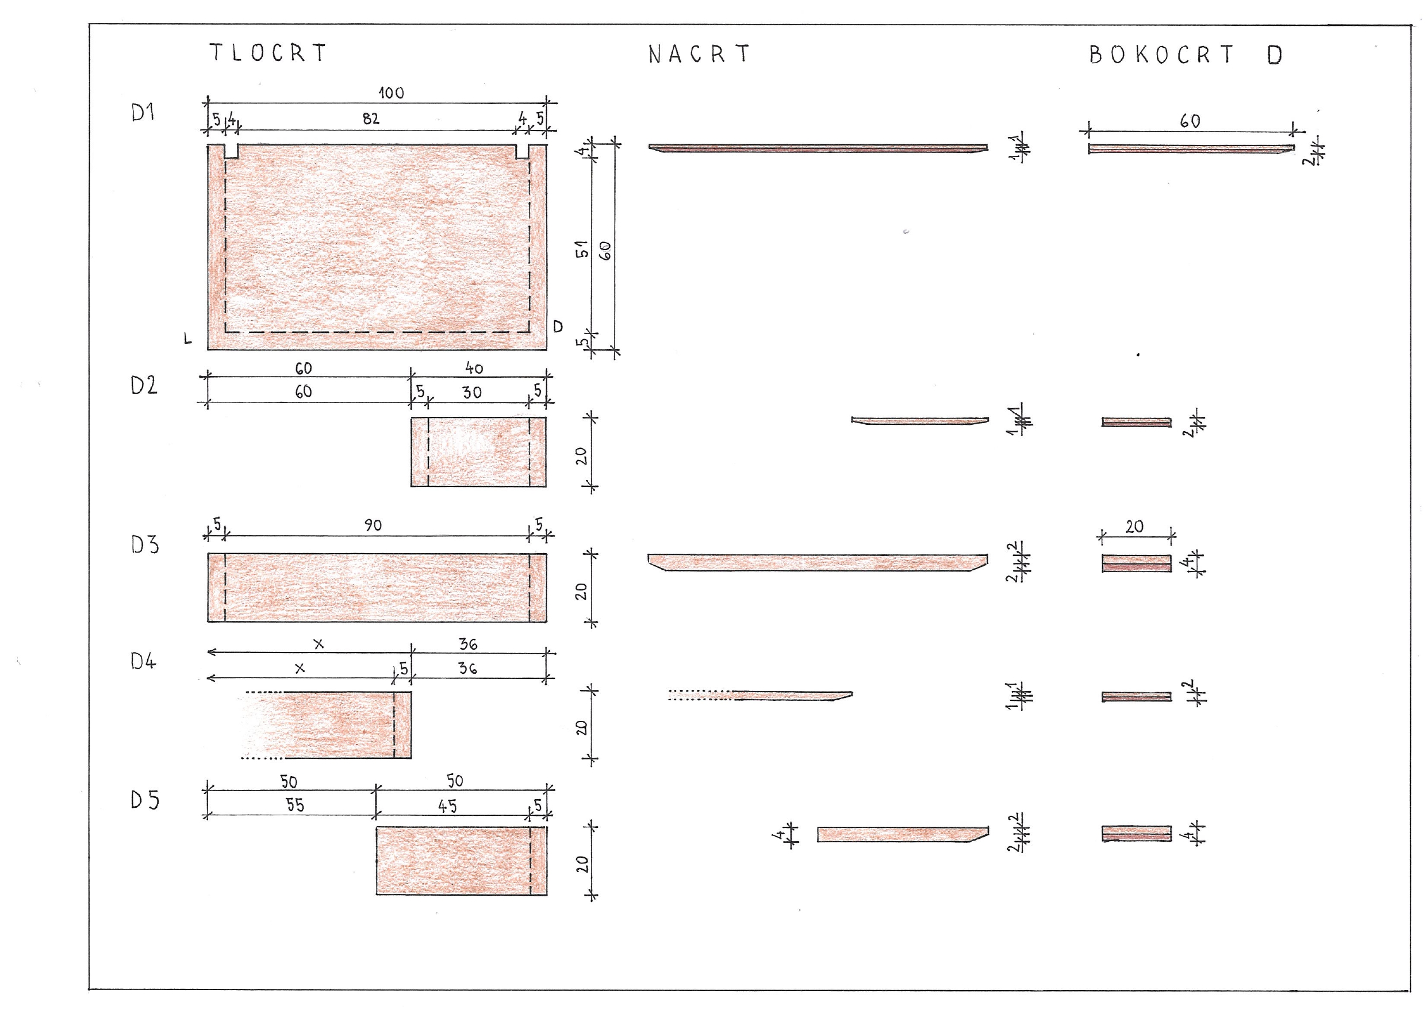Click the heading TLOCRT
pyautogui.click(x=268, y=53)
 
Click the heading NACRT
pyautogui.click(x=699, y=54)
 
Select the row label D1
pyautogui.click(x=143, y=113)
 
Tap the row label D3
pyautogui.click(x=144, y=544)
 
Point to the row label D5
pyautogui.click(x=144, y=800)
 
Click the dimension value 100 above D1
pyautogui.click(x=391, y=93)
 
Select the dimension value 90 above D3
pyautogui.click(x=373, y=525)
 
